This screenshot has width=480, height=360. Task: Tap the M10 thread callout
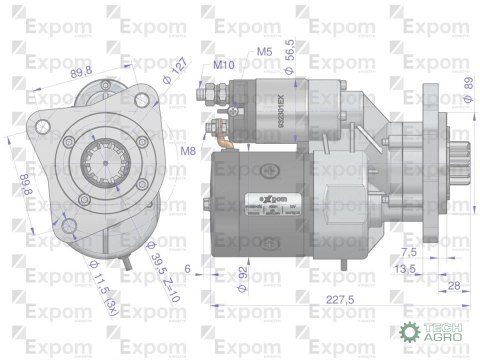[x=225, y=63]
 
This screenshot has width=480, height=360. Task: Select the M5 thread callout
[x=265, y=50]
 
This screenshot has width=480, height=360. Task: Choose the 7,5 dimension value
[x=408, y=251]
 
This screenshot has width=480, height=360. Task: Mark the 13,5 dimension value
[x=404, y=269]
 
